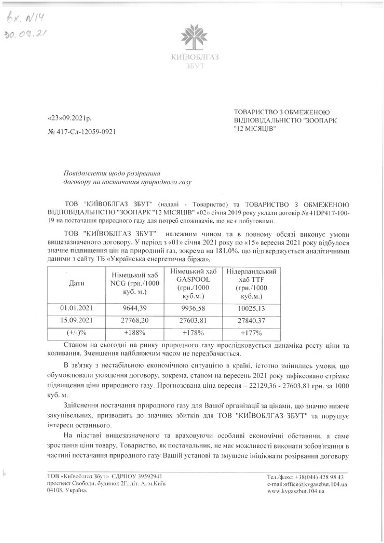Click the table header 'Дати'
pyautogui.click(x=76, y=283)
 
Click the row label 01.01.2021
pyautogui.click(x=76, y=308)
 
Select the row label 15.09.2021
pyautogui.click(x=76, y=321)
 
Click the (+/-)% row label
pyautogui.click(x=76, y=333)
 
